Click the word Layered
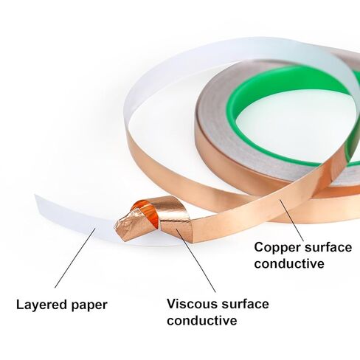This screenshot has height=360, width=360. [x=42, y=305]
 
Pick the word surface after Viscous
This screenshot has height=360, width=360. [x=245, y=304]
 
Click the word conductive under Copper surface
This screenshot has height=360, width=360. [x=289, y=263]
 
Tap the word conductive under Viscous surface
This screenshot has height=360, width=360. [x=202, y=320]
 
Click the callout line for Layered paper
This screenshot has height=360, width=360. [x=75, y=257]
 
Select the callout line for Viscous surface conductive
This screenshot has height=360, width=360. [x=196, y=260]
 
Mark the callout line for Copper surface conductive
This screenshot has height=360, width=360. [x=291, y=220]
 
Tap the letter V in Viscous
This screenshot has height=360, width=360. [x=172, y=304]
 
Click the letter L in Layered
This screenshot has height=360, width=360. [x=20, y=305]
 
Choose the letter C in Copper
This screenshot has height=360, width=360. [x=259, y=247]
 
